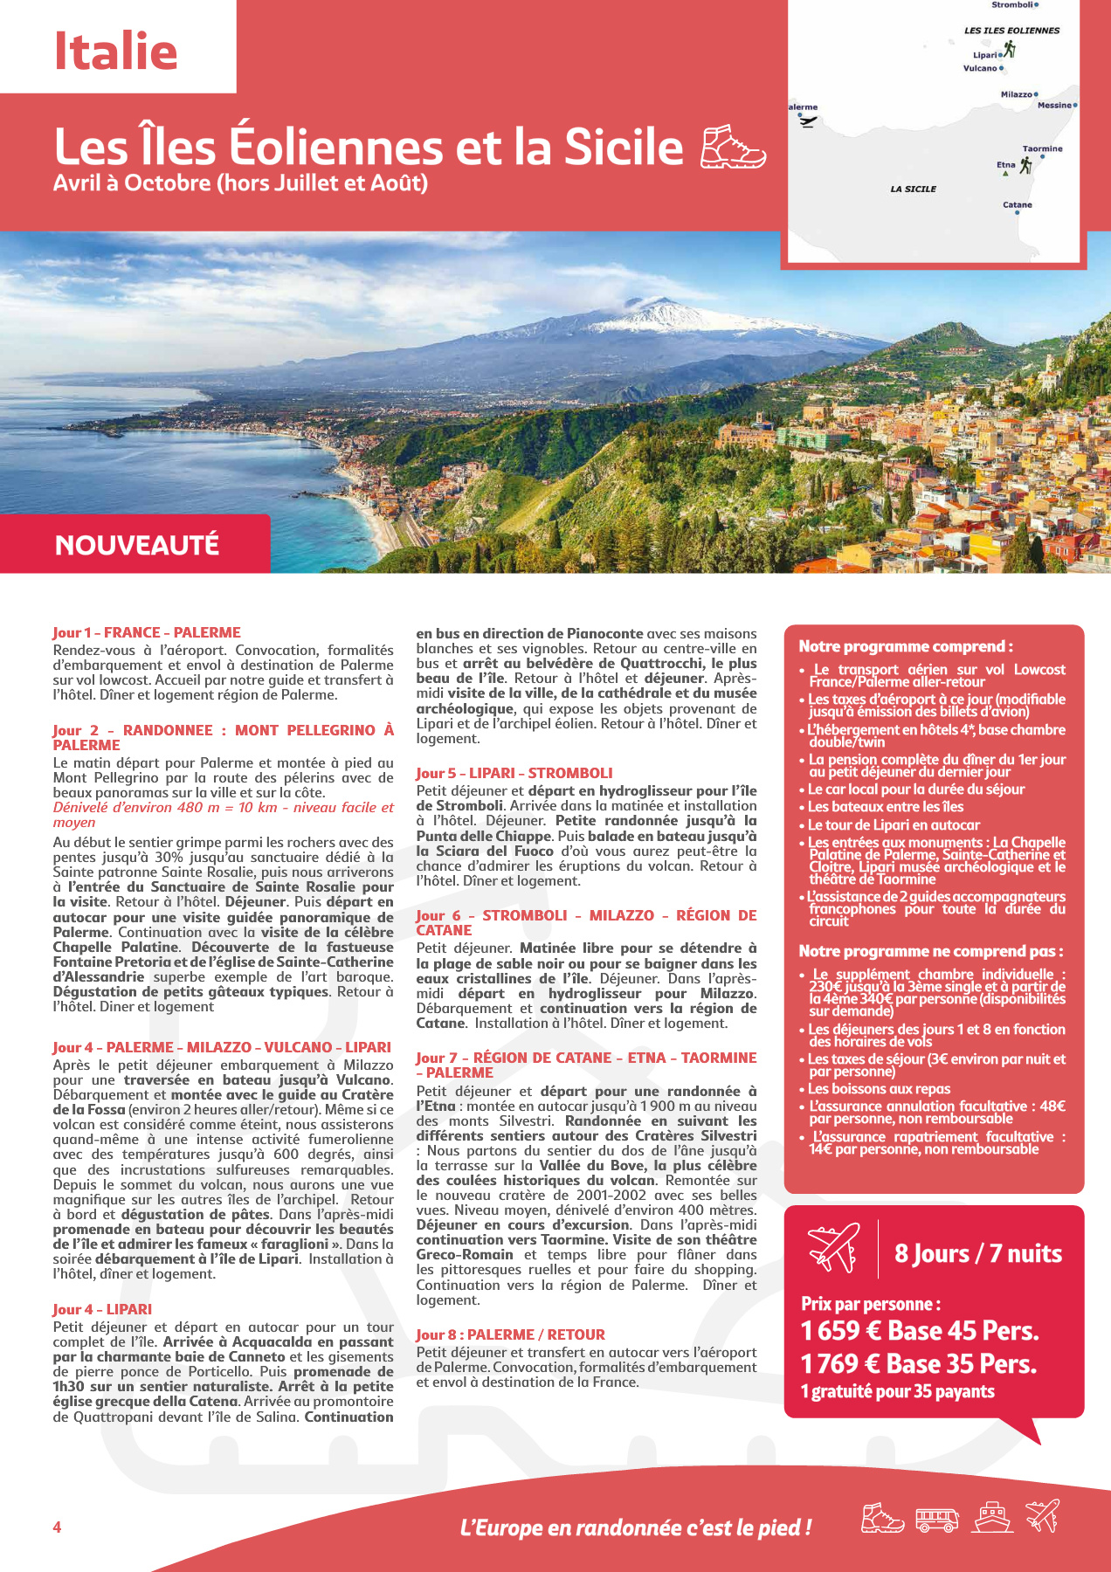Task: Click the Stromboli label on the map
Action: click(1013, 5)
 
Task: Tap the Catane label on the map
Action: click(1017, 205)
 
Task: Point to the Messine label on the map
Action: click(1054, 106)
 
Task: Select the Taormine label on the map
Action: click(1042, 148)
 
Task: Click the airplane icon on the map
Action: click(807, 121)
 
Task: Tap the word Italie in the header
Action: click(116, 52)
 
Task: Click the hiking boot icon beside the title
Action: click(733, 146)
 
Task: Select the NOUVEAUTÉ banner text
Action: click(137, 545)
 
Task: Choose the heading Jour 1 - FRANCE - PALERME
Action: click(147, 632)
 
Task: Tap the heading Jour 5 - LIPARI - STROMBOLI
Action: click(514, 773)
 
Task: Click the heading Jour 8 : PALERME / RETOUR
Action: click(510, 1334)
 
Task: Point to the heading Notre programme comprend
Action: click(906, 646)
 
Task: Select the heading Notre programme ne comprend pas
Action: click(931, 951)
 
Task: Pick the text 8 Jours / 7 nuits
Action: click(978, 1254)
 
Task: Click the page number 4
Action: click(58, 1527)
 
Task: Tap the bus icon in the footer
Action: click(937, 1519)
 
